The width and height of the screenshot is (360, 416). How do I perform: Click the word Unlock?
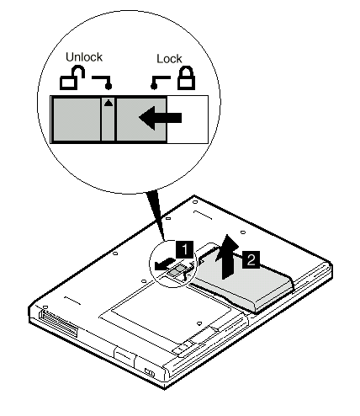pos(84,57)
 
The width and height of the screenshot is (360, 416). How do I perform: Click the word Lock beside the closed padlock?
pos(169,59)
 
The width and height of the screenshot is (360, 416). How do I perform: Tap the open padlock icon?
pos(72,77)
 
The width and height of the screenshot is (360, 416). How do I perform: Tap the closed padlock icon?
pos(186,77)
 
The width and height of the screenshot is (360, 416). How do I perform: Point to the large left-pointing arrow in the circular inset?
pos(161,118)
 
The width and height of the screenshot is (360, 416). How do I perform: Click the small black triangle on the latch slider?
pos(109,103)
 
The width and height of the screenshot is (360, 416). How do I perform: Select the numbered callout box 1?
pos(185,249)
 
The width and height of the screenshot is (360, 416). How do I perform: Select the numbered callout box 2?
pos(251,259)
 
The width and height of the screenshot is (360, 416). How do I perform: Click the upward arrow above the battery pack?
pos(227,257)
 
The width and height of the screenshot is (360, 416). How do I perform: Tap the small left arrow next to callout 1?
pos(164,264)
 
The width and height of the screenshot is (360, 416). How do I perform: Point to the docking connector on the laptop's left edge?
pos(58,322)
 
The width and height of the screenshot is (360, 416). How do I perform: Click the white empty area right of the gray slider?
pos(188,120)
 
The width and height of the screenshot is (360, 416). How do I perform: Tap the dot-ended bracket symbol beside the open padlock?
pos(103,83)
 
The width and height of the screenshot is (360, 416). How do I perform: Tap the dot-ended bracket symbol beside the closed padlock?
pos(160,83)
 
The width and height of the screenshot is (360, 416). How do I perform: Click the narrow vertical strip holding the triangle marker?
pos(109,120)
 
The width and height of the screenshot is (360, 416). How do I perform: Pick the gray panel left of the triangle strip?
pos(77,120)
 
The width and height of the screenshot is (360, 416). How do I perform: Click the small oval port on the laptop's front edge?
pos(150,373)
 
